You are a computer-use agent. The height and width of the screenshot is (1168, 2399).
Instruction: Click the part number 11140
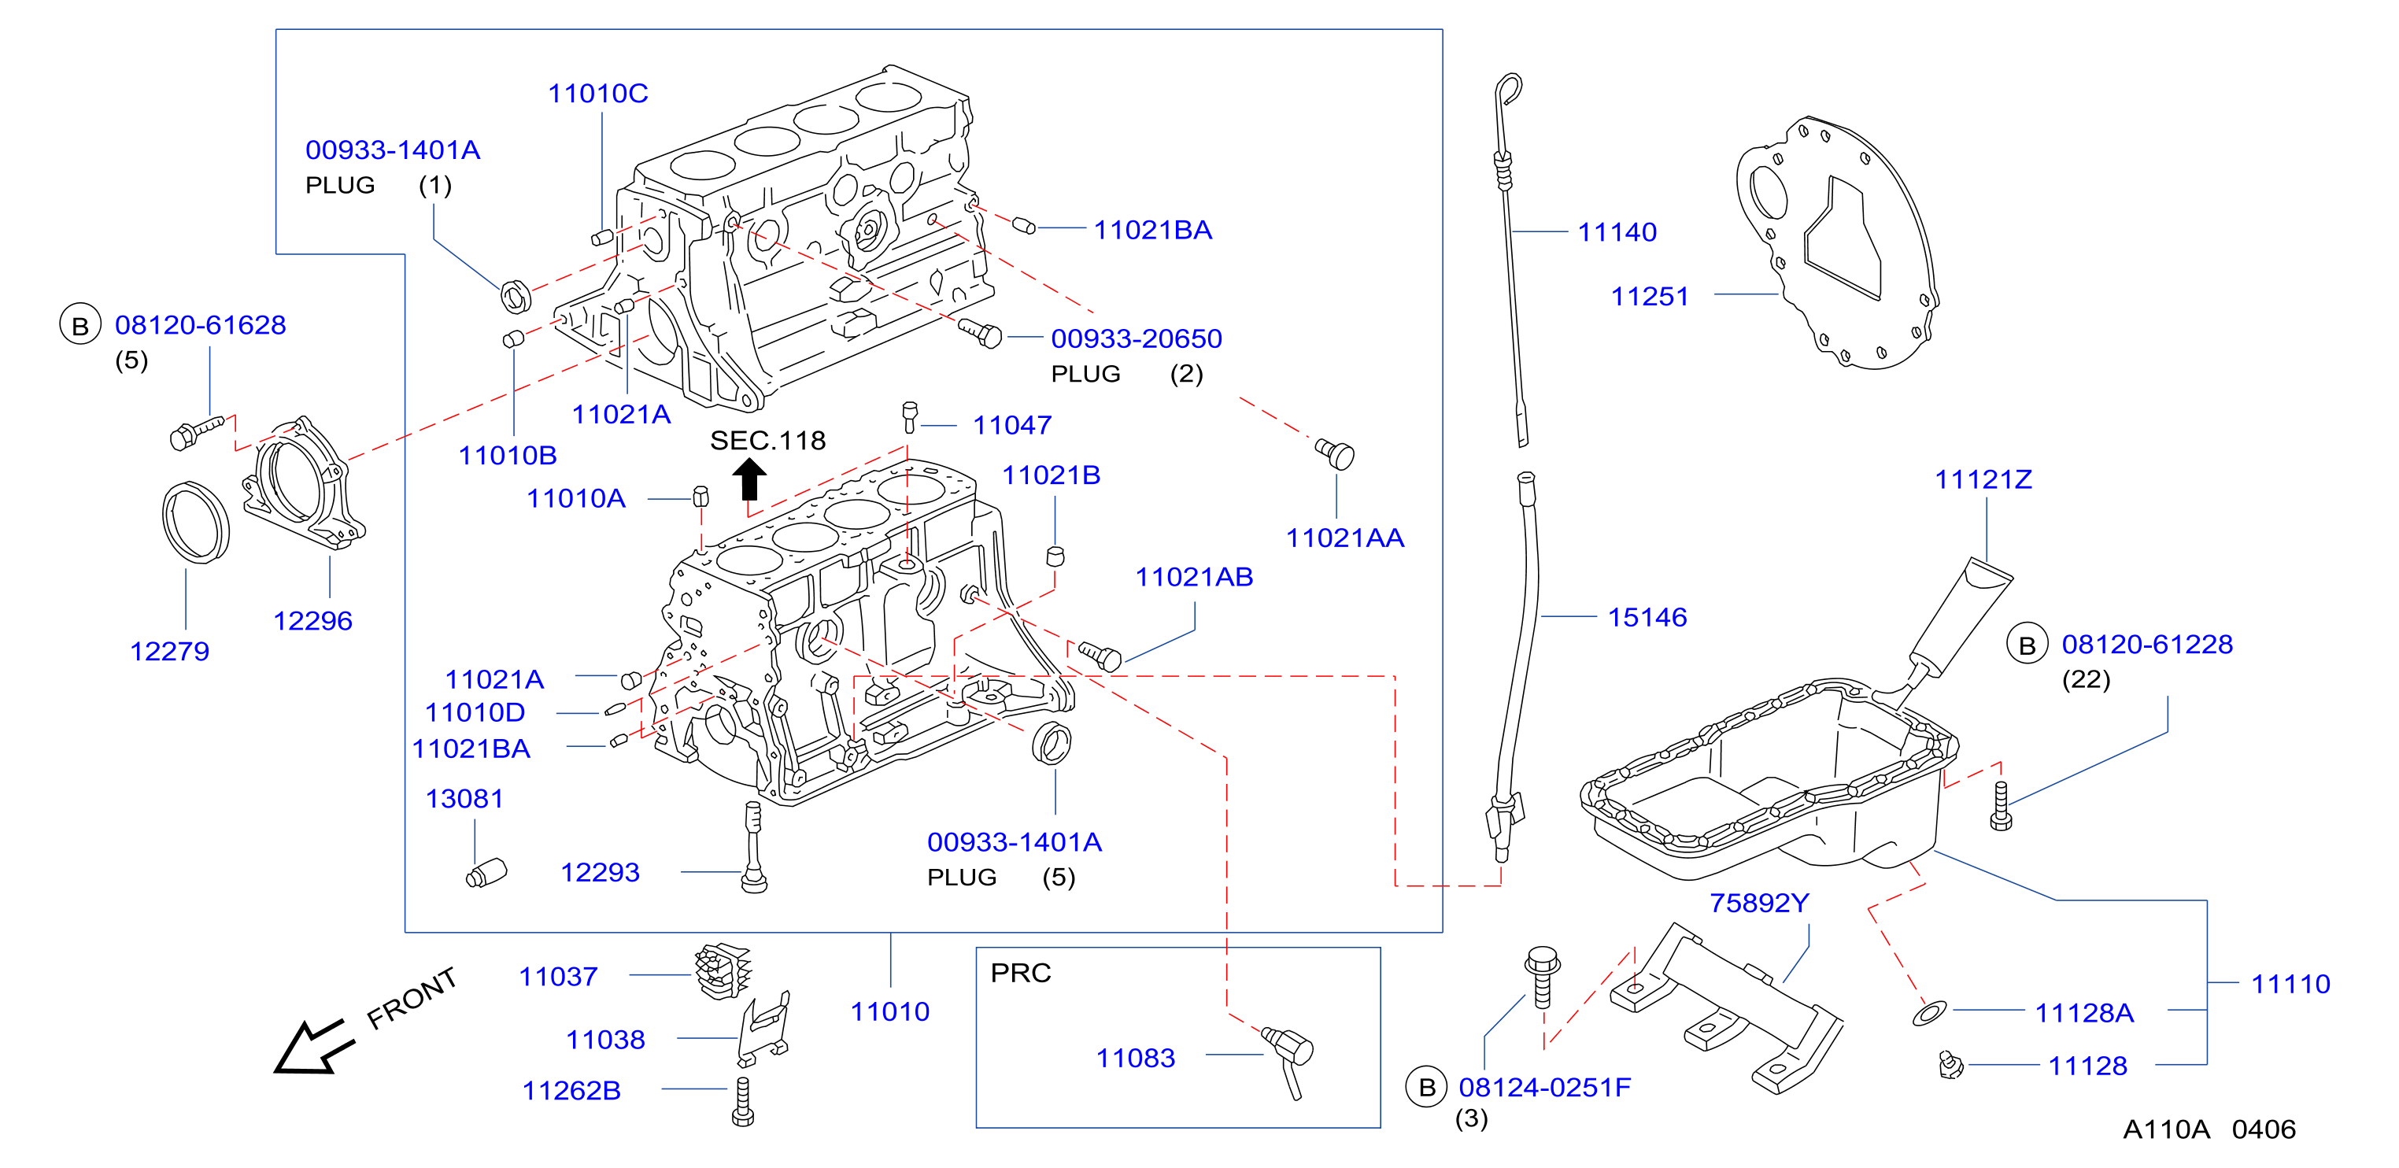(1617, 232)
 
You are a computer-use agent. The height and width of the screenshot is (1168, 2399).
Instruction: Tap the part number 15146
(1647, 616)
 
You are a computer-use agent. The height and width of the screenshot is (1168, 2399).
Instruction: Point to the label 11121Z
(1983, 479)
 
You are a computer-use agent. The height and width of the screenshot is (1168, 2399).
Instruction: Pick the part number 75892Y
(1759, 903)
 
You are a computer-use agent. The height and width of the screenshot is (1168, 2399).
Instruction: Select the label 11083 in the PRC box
(1135, 1058)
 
